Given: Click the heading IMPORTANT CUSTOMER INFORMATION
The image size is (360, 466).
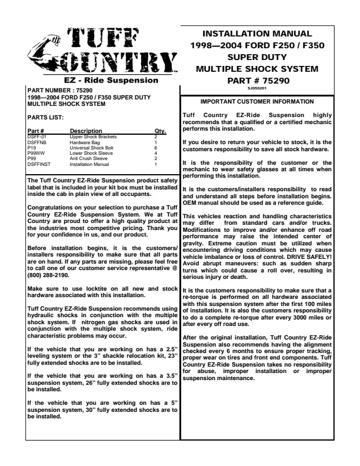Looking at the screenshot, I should pos(256,102).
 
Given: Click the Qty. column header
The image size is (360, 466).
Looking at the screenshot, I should pos(160,131).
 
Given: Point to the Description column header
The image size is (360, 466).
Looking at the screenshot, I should pos(86,131).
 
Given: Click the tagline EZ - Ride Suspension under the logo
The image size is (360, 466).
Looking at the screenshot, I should pos(103,80).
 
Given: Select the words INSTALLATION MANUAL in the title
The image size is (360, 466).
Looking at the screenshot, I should pos(258,34).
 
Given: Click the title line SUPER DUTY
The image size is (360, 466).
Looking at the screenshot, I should pos(258,57).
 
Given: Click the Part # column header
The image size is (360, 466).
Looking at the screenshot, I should pos(36,131).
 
